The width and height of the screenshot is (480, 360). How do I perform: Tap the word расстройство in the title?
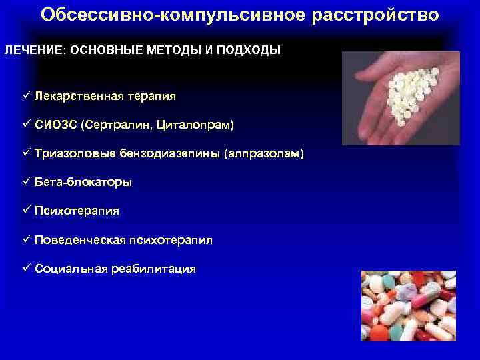(x=376, y=15)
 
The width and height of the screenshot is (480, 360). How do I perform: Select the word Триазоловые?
(x=71, y=153)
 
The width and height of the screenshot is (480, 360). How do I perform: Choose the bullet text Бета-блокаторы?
(x=83, y=182)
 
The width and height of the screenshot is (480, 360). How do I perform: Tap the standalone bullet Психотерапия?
(x=77, y=211)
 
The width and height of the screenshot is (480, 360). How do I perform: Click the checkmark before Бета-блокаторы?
(x=27, y=181)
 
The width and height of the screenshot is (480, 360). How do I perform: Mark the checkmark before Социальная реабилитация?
(x=27, y=268)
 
